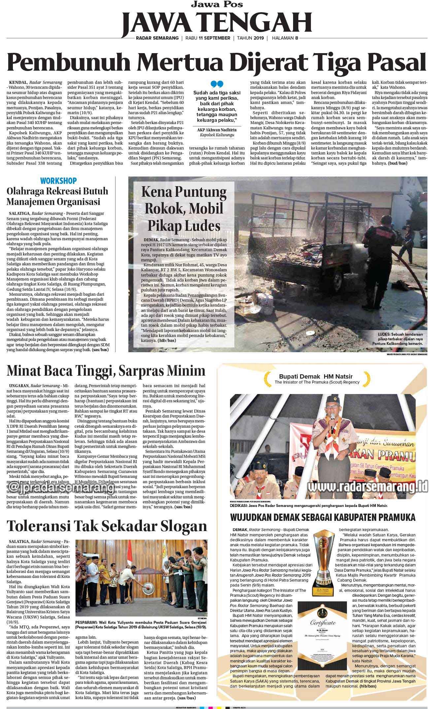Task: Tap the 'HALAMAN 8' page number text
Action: click(285, 38)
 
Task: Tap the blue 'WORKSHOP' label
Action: click(58, 181)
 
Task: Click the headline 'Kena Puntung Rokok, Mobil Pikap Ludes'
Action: click(184, 209)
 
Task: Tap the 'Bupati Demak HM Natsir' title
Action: click(316, 376)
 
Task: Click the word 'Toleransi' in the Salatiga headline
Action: click(39, 526)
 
